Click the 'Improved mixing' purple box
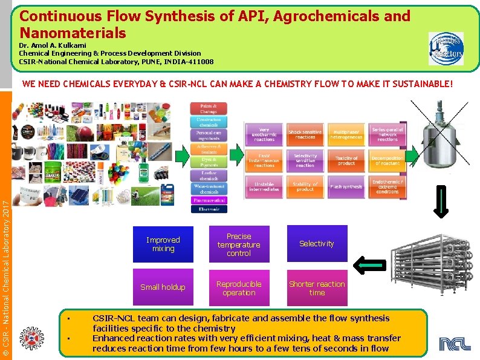click(x=163, y=244)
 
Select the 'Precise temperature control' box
click(x=239, y=244)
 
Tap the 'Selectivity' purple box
click(x=317, y=243)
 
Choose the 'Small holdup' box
click(x=163, y=287)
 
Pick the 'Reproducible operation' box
click(x=239, y=288)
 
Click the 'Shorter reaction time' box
click(x=317, y=288)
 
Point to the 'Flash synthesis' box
click(x=346, y=187)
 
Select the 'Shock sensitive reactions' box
click(x=305, y=134)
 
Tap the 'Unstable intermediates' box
click(x=264, y=187)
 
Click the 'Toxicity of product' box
click(x=346, y=161)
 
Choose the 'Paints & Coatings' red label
click(x=209, y=109)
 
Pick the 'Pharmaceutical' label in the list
click(x=209, y=200)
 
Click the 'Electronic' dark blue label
click(x=209, y=209)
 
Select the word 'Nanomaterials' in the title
click(x=73, y=33)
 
